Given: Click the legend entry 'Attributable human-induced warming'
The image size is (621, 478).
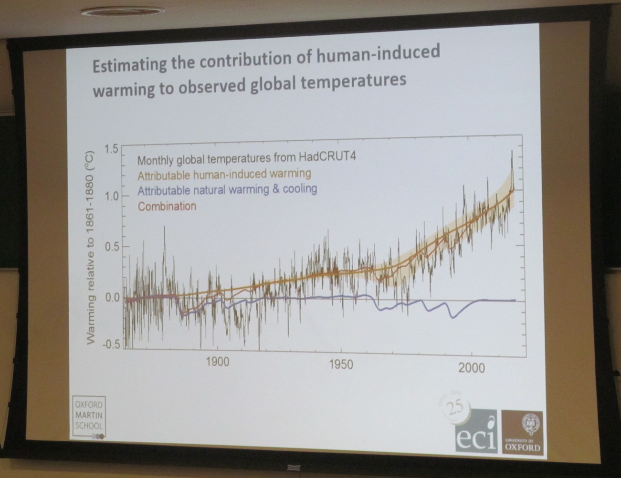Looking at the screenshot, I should (224, 174).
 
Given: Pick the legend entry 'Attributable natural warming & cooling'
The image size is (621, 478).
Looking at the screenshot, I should (227, 189).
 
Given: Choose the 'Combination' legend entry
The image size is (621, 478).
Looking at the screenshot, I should (167, 207).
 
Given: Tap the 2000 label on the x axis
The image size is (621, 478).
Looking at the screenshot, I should (471, 368).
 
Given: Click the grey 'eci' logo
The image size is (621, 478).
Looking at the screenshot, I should (475, 431).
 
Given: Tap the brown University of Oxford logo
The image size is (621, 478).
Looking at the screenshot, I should (523, 432).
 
